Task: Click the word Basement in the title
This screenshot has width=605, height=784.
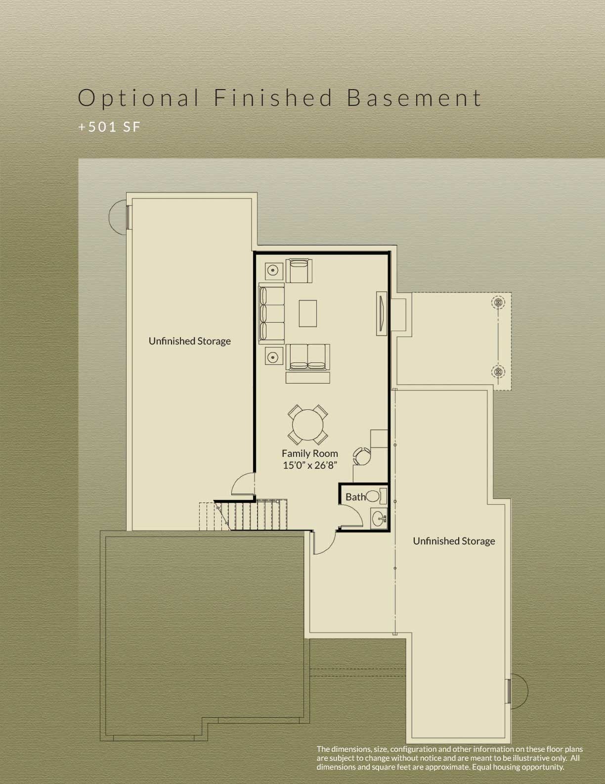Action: [414, 98]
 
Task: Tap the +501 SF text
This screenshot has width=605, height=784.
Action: [109, 127]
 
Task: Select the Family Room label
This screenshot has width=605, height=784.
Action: [310, 453]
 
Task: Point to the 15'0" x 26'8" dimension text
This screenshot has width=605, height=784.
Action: [310, 465]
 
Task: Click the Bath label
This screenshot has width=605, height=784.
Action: [355, 497]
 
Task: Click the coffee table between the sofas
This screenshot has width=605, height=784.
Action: [307, 314]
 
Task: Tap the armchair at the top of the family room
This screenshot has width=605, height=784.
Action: [300, 270]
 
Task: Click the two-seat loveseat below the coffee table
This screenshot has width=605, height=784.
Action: [308, 357]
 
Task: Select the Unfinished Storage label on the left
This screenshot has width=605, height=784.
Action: [190, 341]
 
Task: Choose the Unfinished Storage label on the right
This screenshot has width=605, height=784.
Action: [454, 541]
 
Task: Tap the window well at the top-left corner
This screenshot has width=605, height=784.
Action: [119, 217]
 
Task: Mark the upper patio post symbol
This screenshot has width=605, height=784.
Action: [498, 301]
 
